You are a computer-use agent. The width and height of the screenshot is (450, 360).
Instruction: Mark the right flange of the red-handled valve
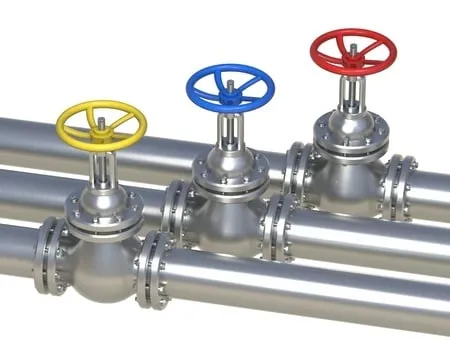[x=400, y=185]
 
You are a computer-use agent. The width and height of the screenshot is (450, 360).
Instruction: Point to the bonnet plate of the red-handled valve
[x=353, y=128]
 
